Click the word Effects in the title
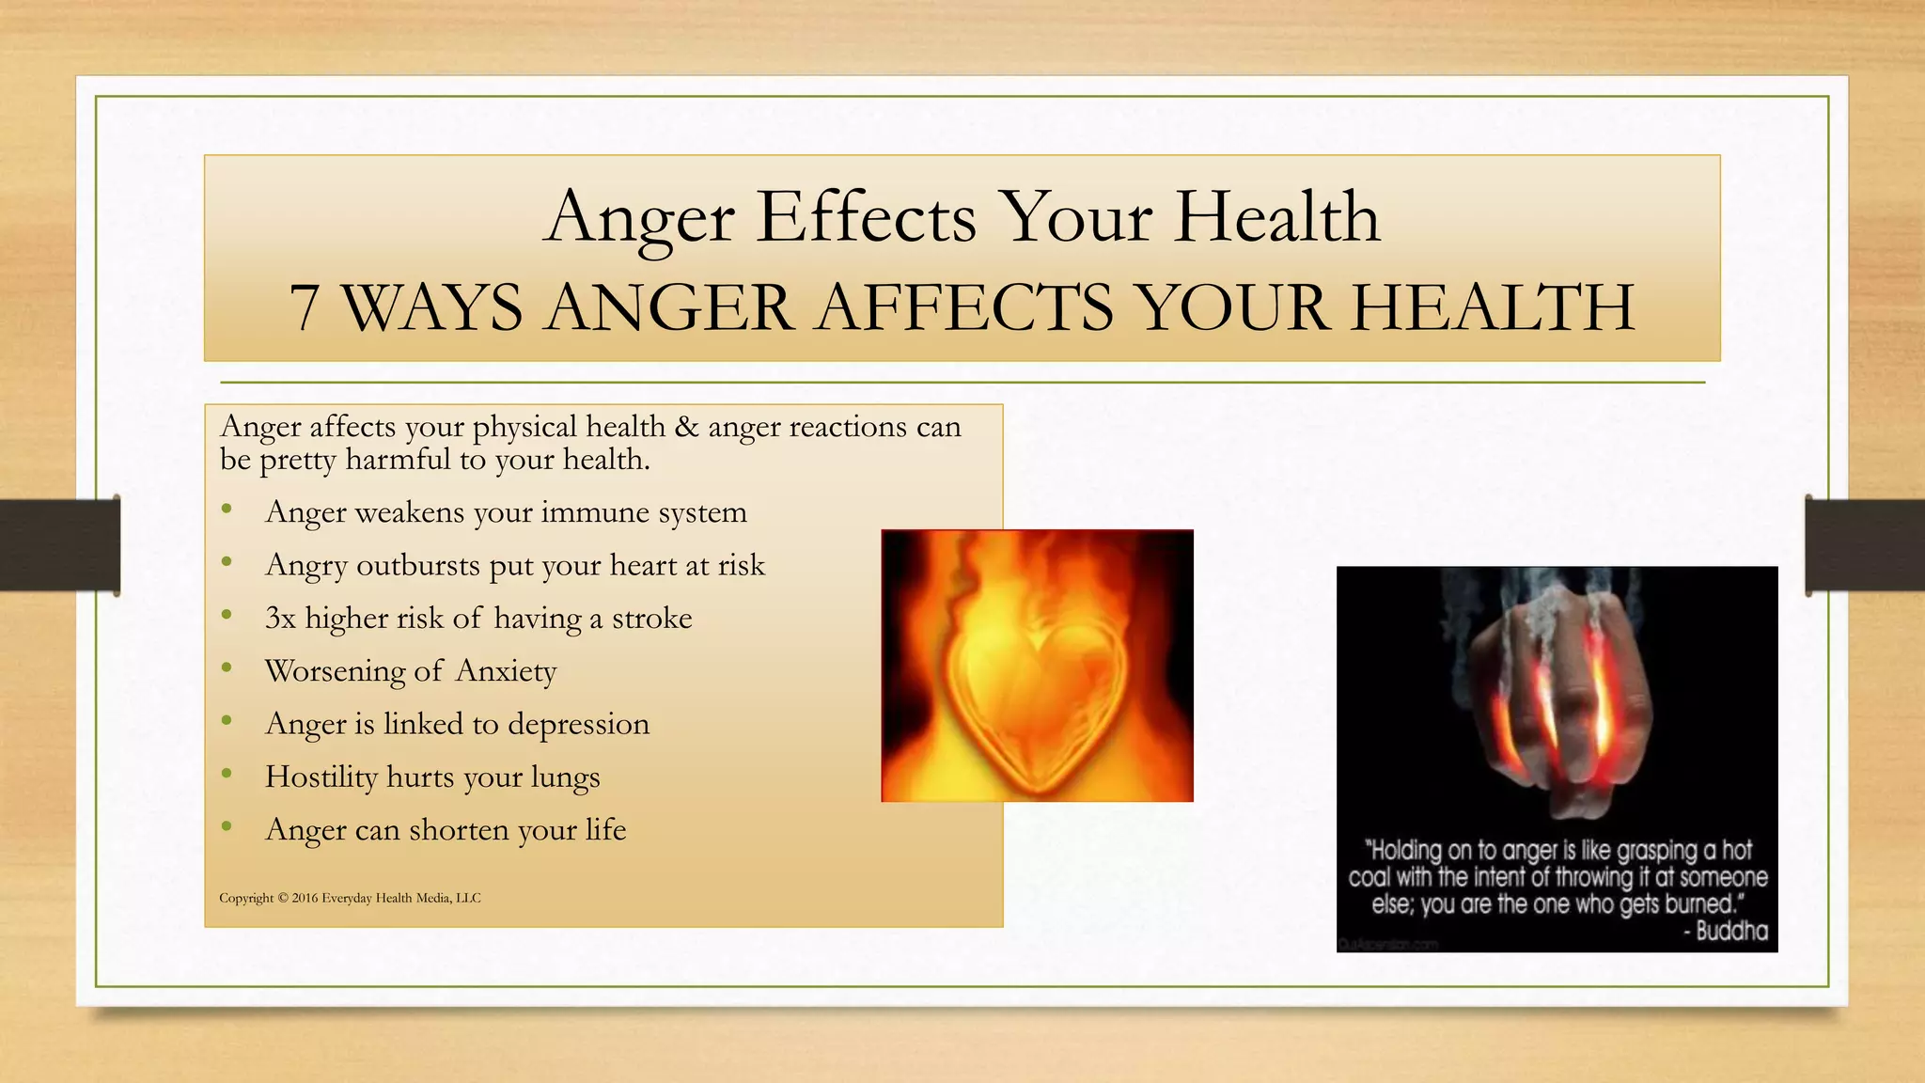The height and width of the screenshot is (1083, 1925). tap(867, 218)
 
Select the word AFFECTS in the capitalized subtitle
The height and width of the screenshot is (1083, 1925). tap(964, 308)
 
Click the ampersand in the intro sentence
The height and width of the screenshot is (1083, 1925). tap(687, 428)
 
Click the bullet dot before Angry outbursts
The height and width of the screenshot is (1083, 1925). tap(227, 563)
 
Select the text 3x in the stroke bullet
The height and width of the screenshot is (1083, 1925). tap(280, 619)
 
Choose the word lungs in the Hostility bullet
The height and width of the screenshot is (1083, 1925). tap(565, 777)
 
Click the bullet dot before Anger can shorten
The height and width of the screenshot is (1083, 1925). tap(227, 827)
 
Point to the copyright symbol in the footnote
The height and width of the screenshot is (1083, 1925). tap(282, 898)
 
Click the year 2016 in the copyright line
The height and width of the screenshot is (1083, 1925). tap(305, 898)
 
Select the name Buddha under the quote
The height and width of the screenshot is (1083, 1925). tap(1731, 932)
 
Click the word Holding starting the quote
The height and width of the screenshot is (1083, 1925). tap(1406, 851)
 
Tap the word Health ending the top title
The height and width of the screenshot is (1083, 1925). tap(1277, 218)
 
